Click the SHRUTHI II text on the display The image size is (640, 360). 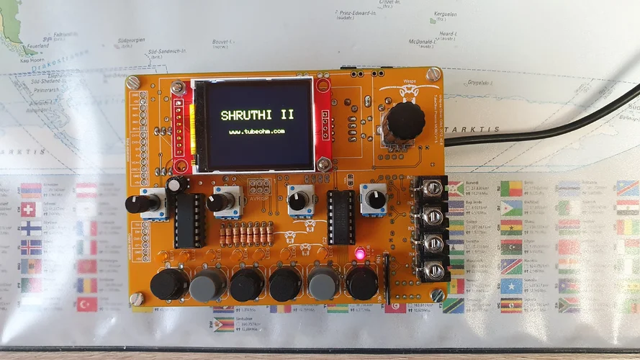(x=257, y=114)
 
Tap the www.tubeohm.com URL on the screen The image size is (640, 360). (x=257, y=132)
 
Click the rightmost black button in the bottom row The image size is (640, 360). (x=361, y=284)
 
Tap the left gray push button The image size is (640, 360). (x=207, y=285)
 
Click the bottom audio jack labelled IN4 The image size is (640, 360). (x=432, y=269)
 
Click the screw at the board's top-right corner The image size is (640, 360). (x=433, y=74)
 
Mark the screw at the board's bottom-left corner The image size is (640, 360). (x=137, y=297)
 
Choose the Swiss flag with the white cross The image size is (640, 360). (x=28, y=209)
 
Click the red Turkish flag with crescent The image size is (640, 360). (x=87, y=304)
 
